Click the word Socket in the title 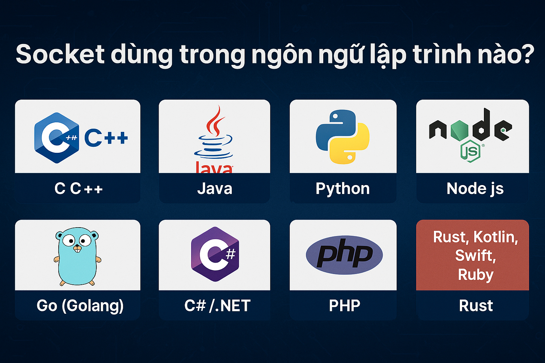coord(60,54)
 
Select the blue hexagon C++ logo coord(57,138)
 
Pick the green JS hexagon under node coord(470,151)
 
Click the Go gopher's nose coord(77,246)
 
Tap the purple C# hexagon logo coord(215,254)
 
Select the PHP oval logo coord(344,255)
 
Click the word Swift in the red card coord(475,256)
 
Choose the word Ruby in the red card coord(476,275)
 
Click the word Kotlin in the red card coord(496,237)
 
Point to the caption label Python coord(342,189)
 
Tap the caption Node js coord(475,189)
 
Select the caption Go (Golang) coord(80,306)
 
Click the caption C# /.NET coord(217,306)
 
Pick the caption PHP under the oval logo coord(345,306)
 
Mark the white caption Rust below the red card coord(476,306)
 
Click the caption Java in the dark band coord(215,189)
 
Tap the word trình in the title coord(442,54)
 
